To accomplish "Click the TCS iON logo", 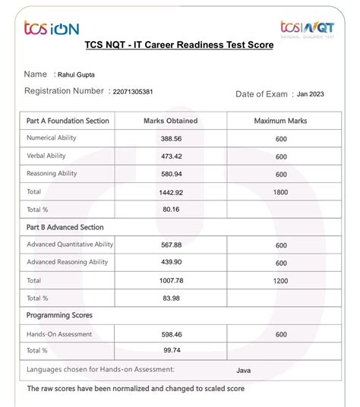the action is click(51, 28).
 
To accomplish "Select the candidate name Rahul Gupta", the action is click(81, 74).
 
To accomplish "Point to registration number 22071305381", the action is click(132, 92).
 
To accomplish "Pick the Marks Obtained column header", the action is click(170, 121).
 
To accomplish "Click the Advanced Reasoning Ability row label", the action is click(69, 262).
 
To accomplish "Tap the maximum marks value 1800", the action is click(280, 192).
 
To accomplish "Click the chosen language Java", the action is click(244, 371).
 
